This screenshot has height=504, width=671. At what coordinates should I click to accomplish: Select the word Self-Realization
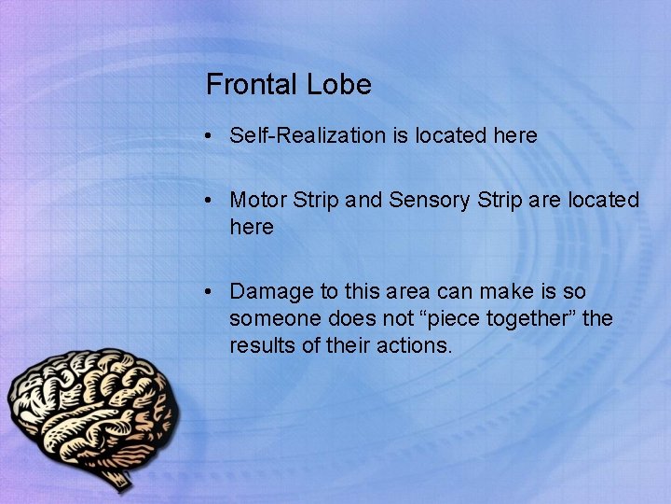(x=308, y=135)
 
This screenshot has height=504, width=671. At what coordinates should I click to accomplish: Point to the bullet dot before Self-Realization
(x=212, y=136)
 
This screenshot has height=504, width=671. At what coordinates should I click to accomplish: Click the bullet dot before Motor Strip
(x=212, y=201)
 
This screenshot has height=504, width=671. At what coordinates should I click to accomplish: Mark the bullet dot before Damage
(x=212, y=292)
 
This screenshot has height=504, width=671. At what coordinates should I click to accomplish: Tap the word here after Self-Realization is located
(x=515, y=135)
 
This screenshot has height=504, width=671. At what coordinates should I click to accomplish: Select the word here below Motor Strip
(x=252, y=227)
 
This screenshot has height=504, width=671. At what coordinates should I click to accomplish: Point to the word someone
(x=271, y=318)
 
